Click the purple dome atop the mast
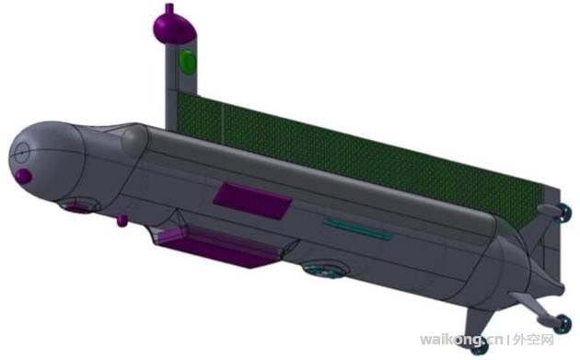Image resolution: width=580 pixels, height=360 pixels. (x=174, y=28)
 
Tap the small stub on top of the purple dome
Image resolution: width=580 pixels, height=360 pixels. (x=169, y=7)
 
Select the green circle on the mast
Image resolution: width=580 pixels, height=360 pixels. (x=188, y=62)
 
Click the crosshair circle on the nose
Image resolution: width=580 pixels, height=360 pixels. (x=22, y=153)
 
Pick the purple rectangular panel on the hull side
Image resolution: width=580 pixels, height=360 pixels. (x=252, y=200)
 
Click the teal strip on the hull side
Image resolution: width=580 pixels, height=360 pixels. (x=358, y=228)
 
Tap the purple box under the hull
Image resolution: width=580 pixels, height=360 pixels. (x=217, y=246)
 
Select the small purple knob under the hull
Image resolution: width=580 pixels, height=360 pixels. (x=122, y=221)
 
